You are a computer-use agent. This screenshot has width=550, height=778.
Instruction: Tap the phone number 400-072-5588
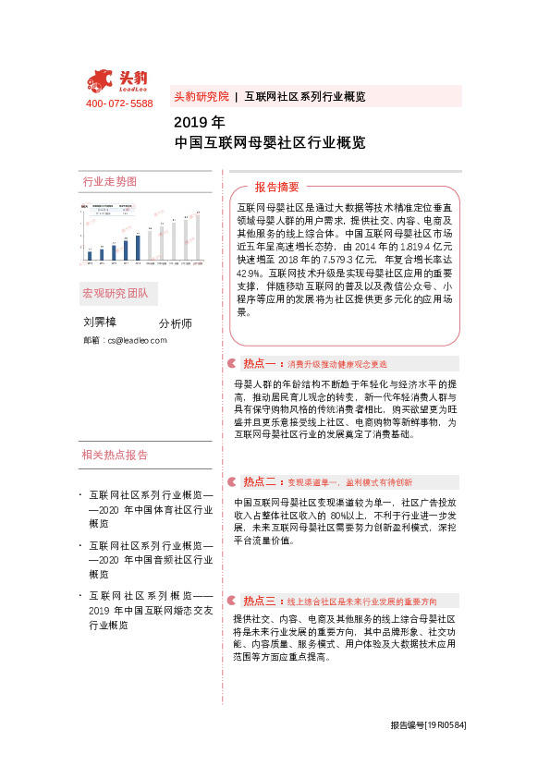(119, 103)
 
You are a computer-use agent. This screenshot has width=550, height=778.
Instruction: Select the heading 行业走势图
(109, 181)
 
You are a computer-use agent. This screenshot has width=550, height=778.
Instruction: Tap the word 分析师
(175, 323)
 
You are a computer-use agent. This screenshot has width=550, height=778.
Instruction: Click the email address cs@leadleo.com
(136, 340)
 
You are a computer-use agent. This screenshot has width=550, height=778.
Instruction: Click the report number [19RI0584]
(446, 725)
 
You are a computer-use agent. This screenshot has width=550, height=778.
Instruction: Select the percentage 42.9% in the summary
(250, 274)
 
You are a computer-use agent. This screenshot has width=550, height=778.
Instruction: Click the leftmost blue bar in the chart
(90, 255)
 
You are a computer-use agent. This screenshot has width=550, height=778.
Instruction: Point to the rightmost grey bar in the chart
(197, 237)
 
